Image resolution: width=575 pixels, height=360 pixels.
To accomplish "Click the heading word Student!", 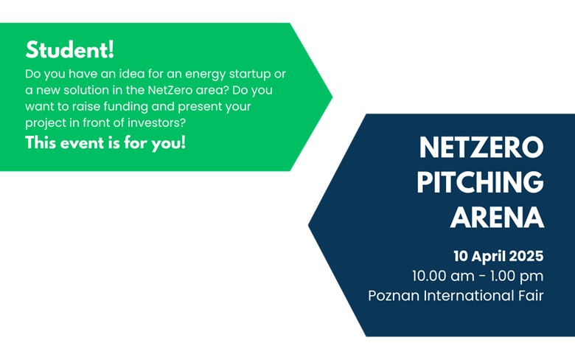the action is (x=70, y=50).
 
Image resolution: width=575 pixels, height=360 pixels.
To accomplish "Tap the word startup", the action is (x=250, y=75).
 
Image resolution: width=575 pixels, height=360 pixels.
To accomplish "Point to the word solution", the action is (x=86, y=90).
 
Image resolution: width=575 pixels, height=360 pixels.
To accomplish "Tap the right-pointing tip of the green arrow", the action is (x=332, y=97).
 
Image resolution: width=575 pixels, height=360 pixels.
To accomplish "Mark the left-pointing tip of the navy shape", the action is (x=309, y=225).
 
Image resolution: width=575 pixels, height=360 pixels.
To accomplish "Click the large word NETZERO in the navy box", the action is (x=481, y=148).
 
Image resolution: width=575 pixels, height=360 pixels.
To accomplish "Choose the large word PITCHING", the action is (x=480, y=182).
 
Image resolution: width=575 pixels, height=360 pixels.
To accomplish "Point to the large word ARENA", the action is (x=497, y=217).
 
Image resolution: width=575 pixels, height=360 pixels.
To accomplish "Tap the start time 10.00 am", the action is (x=443, y=276).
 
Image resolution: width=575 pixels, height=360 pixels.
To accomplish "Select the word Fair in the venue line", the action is (x=531, y=296).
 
